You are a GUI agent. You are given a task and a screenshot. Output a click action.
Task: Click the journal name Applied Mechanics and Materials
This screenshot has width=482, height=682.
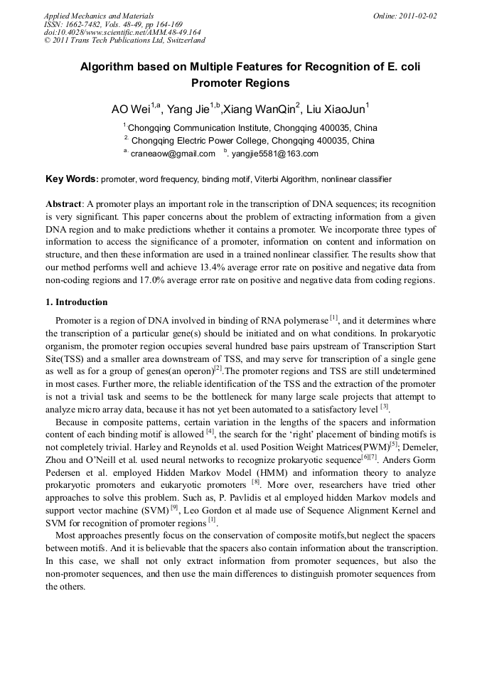[99, 16]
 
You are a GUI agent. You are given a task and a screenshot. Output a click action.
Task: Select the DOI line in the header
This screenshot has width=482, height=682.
[122, 33]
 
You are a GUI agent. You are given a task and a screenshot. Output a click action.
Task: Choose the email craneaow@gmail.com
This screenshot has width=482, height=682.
[173, 154]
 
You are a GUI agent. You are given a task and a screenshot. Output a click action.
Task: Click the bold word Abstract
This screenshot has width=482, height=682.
[64, 203]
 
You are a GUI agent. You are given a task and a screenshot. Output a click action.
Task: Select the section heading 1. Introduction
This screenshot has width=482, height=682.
[76, 302]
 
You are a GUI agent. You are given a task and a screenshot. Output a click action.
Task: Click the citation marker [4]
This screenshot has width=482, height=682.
[210, 432]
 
